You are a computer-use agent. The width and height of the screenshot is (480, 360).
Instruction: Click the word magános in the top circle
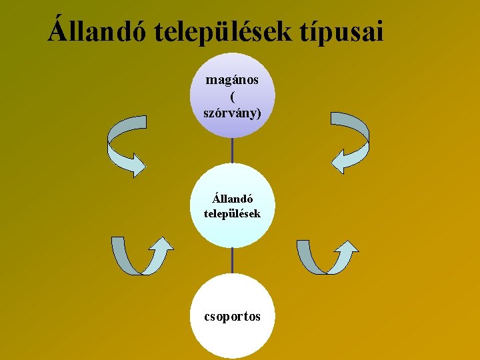pyautogui.click(x=232, y=80)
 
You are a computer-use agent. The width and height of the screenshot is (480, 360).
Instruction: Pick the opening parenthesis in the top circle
pyautogui.click(x=232, y=96)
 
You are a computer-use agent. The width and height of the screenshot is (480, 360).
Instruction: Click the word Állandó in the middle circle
pyautogui.click(x=232, y=199)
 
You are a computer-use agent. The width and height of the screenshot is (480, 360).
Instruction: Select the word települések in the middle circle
pyautogui.click(x=232, y=214)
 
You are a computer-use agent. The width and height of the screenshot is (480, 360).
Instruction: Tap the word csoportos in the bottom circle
pyautogui.click(x=232, y=316)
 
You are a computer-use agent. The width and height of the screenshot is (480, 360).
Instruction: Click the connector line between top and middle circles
pyautogui.click(x=232, y=150)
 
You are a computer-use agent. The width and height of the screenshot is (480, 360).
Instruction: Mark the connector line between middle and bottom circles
pyautogui.click(x=232, y=261)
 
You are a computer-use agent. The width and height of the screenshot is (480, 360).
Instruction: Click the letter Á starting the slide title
pyautogui.click(x=58, y=30)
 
